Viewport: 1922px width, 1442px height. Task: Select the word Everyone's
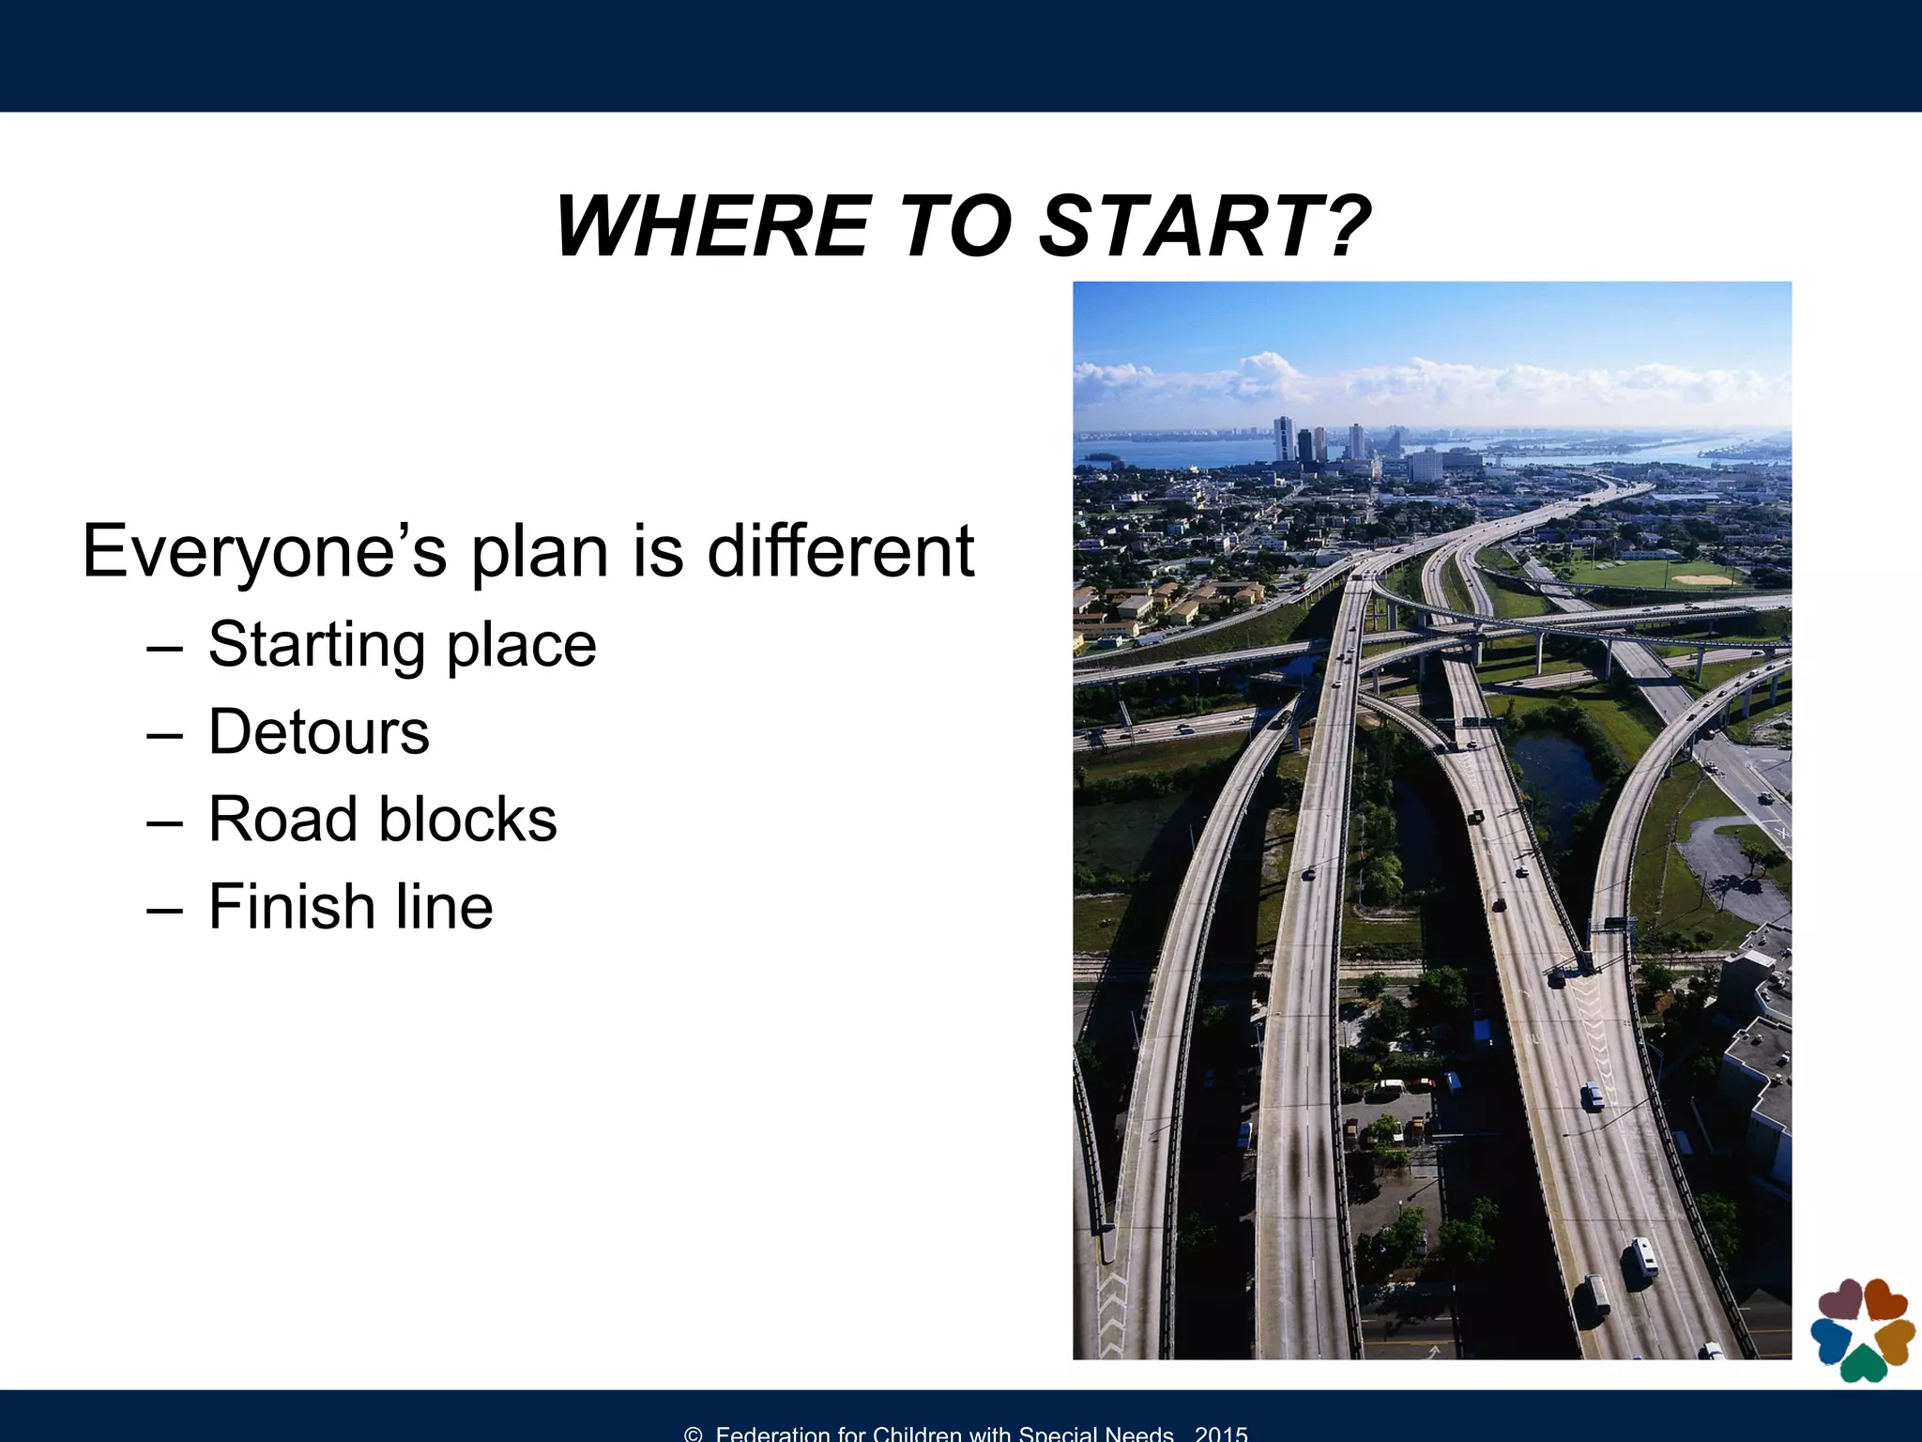coord(265,552)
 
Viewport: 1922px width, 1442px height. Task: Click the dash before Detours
coord(164,734)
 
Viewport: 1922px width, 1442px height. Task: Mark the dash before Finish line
coord(164,909)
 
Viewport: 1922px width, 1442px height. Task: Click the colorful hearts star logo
coord(1862,1329)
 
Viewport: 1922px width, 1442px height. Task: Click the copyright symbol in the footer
coord(694,1434)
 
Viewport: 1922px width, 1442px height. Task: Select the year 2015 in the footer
coord(1221,1434)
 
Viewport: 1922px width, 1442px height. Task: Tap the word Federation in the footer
coord(772,1434)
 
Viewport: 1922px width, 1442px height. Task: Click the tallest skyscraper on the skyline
coord(1283,438)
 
